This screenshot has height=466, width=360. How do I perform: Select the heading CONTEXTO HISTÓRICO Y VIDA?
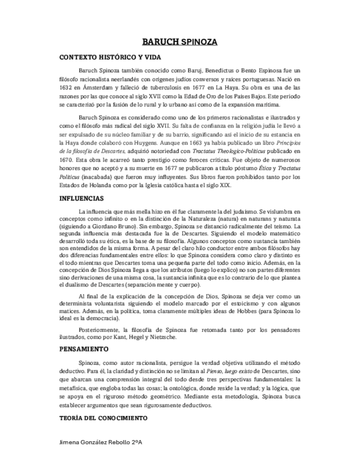tap(110, 57)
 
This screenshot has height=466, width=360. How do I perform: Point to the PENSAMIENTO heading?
tap(84, 349)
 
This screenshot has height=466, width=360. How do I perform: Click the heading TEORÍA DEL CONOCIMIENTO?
tap(103, 418)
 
